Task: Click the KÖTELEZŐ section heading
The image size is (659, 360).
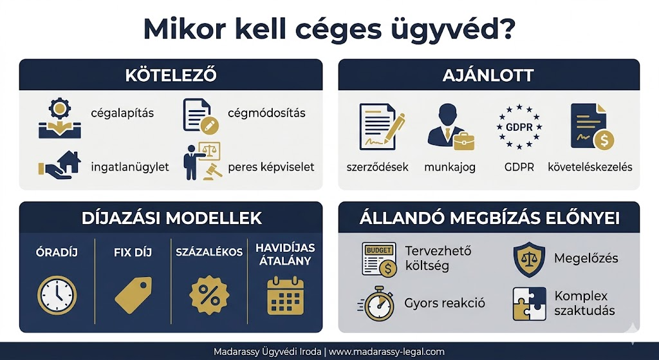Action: coord(171,76)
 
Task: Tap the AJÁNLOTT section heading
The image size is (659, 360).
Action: coord(488,76)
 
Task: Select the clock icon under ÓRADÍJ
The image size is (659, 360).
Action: coord(57,295)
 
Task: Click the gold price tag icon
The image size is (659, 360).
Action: coord(133,295)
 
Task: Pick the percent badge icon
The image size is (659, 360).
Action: coord(209,295)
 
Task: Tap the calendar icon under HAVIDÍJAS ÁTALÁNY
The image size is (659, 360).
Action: coord(285,295)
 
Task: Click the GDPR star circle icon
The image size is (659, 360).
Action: coord(519,127)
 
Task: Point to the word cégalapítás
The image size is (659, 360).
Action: coord(122,113)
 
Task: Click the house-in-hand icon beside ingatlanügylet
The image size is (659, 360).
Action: coord(59,166)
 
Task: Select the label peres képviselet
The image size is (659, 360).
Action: coord(271,167)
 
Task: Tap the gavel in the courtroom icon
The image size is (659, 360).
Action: coord(212,172)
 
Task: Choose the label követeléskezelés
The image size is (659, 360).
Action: coord(590,167)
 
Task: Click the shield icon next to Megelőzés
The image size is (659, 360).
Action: coord(529,259)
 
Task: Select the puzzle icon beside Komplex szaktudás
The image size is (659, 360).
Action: coord(530,303)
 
